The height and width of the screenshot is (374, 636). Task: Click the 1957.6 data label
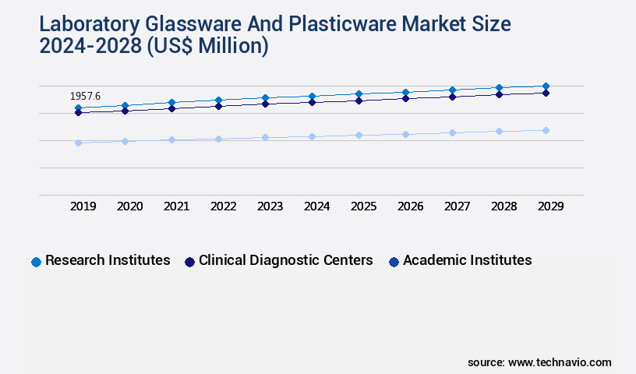(x=85, y=96)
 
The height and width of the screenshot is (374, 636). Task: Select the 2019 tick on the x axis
(x=83, y=206)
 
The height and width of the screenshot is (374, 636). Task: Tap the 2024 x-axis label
(x=317, y=206)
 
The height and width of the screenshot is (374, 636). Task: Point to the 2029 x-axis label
(x=550, y=206)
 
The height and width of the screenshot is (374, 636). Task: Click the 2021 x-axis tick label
(x=177, y=206)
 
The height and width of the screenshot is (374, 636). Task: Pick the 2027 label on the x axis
(x=458, y=206)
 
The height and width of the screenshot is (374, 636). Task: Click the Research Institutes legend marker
(x=36, y=262)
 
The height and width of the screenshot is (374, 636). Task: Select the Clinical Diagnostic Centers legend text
(x=285, y=260)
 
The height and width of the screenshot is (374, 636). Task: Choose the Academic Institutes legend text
(x=467, y=260)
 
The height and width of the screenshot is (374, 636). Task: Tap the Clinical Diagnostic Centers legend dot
(x=189, y=262)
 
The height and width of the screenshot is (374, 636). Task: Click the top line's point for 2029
(x=546, y=86)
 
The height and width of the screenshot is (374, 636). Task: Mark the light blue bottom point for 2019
(x=78, y=143)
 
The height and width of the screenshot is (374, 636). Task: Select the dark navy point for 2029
(x=546, y=93)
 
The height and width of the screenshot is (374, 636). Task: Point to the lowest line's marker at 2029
(x=546, y=130)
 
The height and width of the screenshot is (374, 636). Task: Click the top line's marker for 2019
(x=78, y=108)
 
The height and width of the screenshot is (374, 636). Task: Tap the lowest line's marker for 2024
(x=312, y=136)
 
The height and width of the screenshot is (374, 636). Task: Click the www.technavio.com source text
(x=560, y=362)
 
